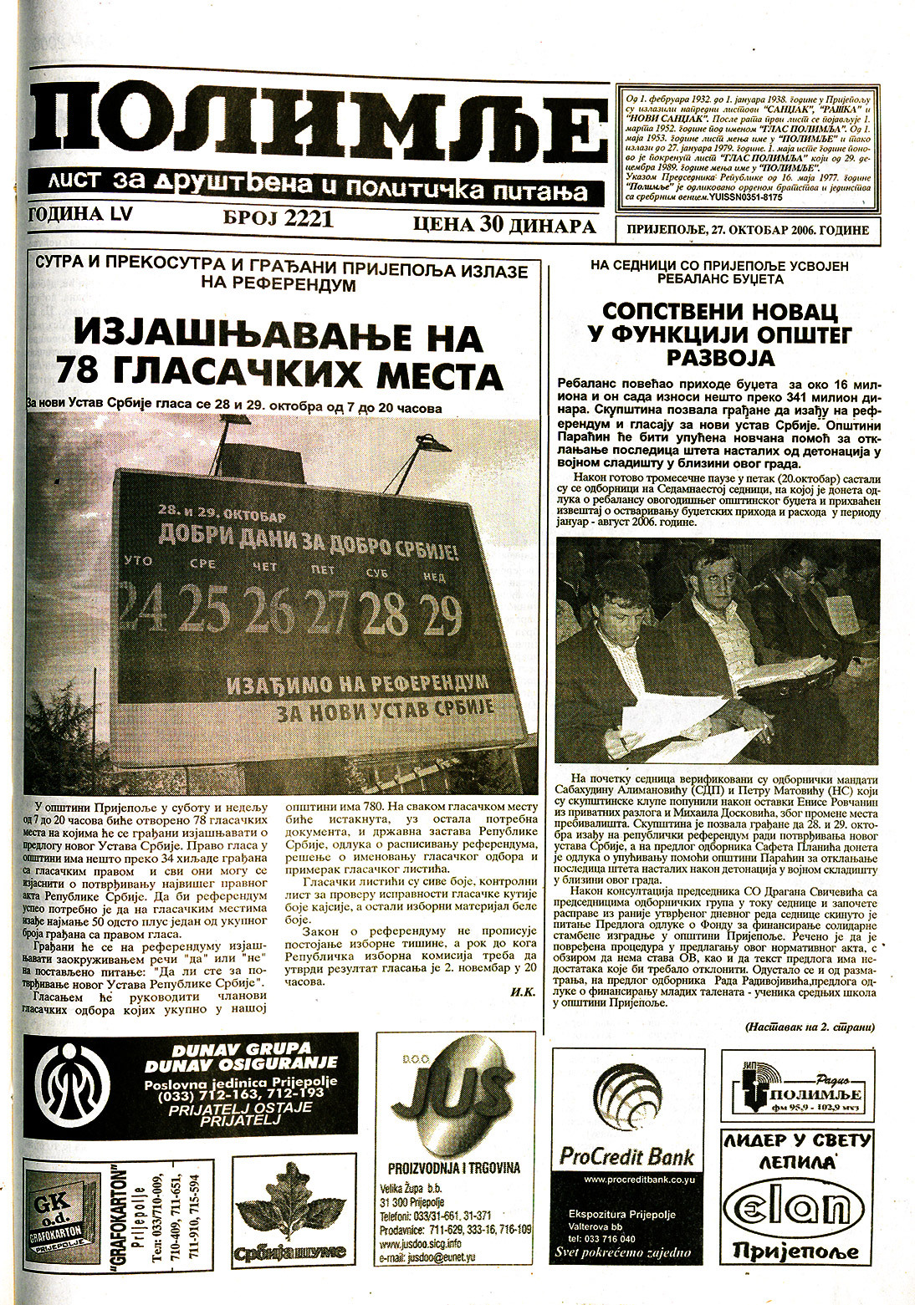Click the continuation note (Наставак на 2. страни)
pyautogui.click(x=806, y=1027)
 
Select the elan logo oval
pyautogui.click(x=796, y=1209)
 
